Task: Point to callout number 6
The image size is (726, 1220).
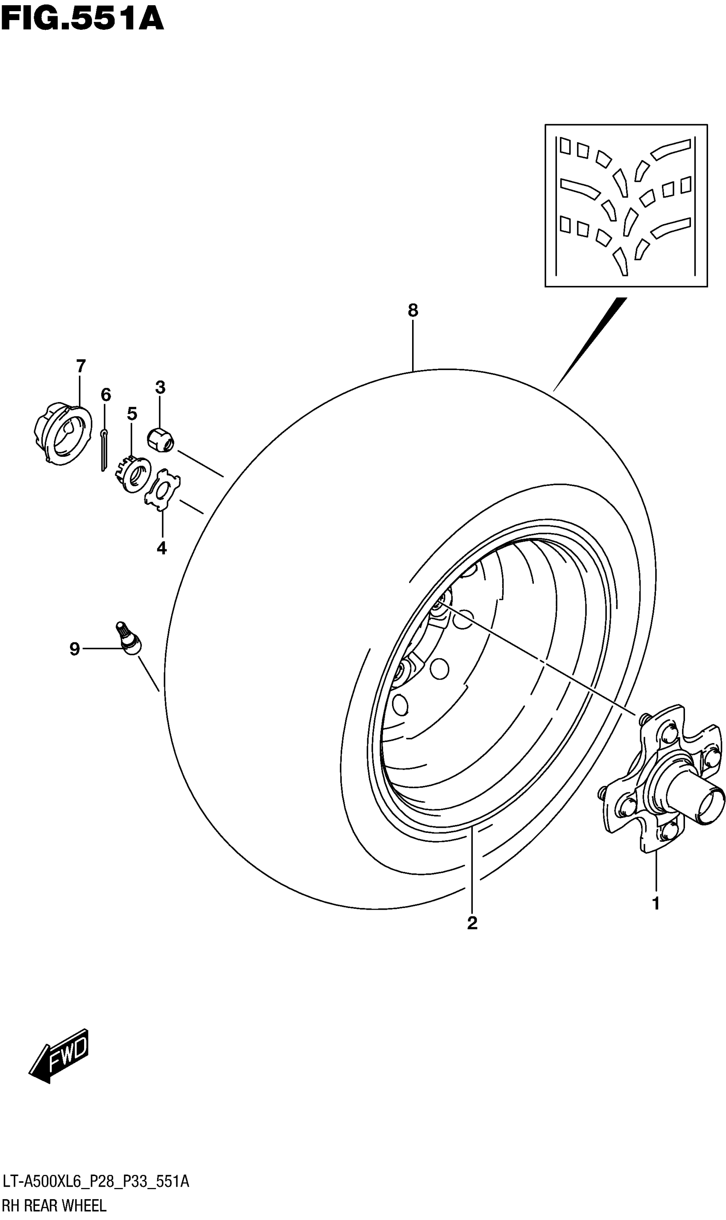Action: click(x=105, y=394)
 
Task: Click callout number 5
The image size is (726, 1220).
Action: click(x=132, y=414)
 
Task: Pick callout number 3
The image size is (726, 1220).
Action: click(x=161, y=387)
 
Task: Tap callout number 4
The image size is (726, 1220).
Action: click(x=162, y=548)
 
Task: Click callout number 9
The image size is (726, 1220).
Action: click(x=74, y=649)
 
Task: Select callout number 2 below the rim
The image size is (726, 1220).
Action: click(x=472, y=923)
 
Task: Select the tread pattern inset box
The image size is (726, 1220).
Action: click(x=626, y=205)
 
